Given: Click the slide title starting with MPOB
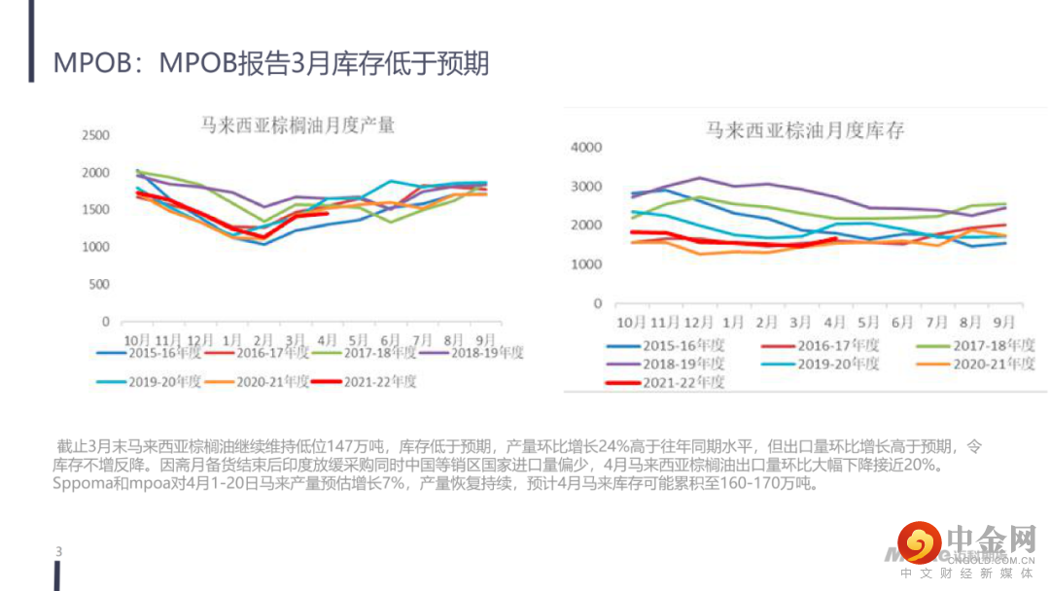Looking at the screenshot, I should (271, 64).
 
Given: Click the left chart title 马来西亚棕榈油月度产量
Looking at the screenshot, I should (297, 125).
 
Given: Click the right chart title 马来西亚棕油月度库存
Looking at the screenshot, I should (804, 130).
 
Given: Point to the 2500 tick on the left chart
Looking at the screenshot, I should (95, 135).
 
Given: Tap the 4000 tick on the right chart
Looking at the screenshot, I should (587, 148).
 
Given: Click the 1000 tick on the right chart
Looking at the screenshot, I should (587, 264).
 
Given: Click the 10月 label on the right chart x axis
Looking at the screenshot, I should (632, 322).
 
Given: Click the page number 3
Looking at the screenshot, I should (59, 552).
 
